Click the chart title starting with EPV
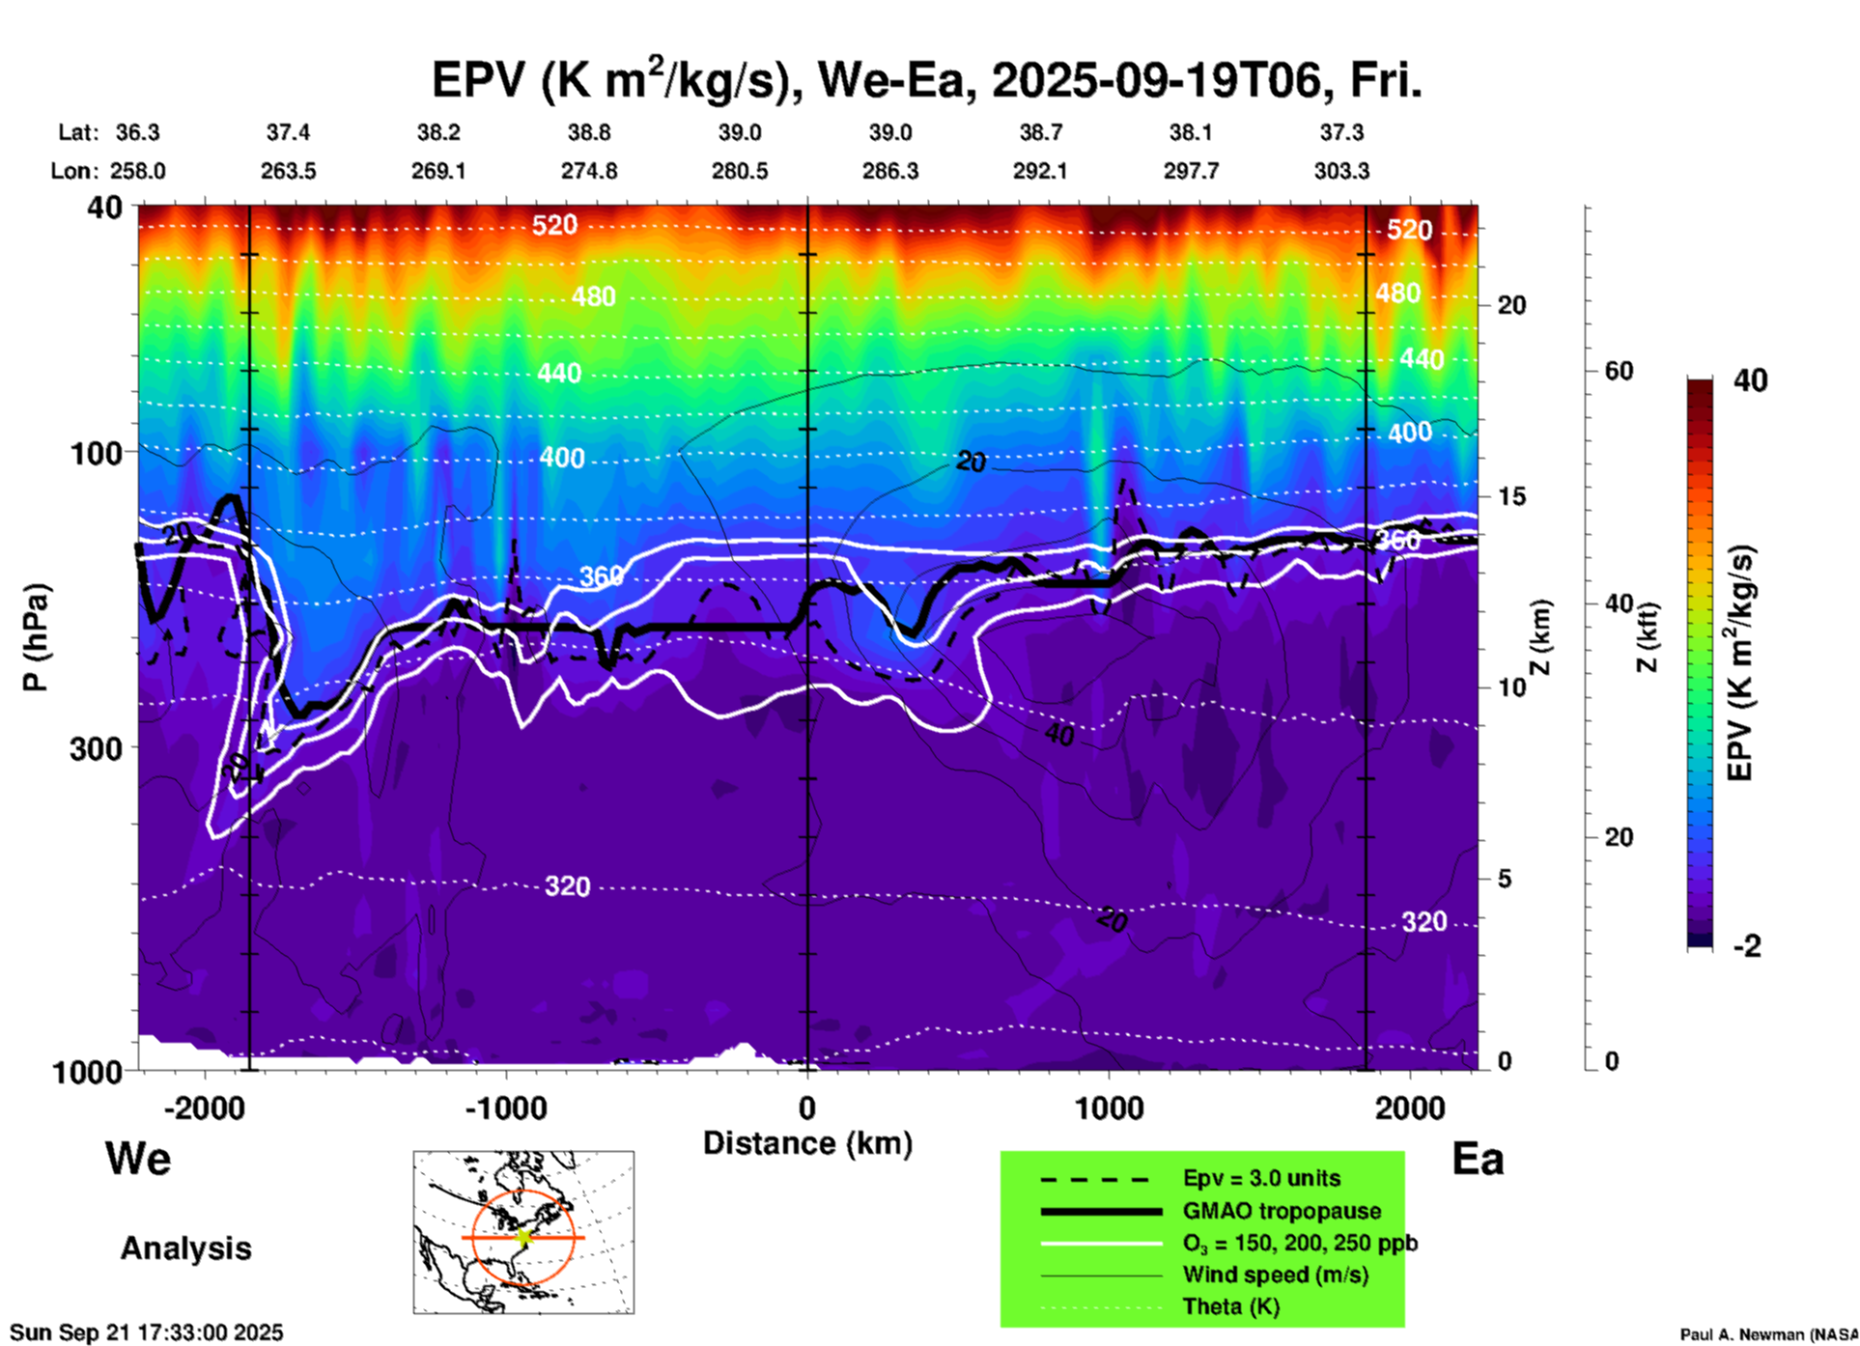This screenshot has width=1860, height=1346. point(925,81)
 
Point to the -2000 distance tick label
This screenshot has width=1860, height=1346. point(204,1108)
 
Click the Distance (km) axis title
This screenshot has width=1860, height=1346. point(807,1143)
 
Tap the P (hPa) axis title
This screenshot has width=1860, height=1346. point(36,637)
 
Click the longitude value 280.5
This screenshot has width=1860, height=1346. point(740,172)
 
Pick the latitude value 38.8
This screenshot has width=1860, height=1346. point(588,132)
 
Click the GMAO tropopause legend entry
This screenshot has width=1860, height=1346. point(1282,1211)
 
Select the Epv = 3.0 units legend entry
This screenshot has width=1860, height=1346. point(1261,1179)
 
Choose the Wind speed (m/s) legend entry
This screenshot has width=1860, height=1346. point(1275,1275)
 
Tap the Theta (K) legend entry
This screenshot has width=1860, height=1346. point(1230,1306)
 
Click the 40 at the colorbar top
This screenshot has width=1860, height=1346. point(1750,380)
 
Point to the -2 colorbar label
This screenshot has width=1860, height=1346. point(1747,946)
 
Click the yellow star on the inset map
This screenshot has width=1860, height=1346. point(524,1237)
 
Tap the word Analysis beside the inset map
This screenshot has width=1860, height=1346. point(185,1248)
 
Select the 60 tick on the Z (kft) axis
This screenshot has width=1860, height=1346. point(1619,372)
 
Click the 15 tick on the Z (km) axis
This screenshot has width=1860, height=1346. point(1511,496)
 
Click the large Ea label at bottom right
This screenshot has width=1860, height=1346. point(1478,1160)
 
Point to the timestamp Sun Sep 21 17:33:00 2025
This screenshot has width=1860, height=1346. point(147,1332)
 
